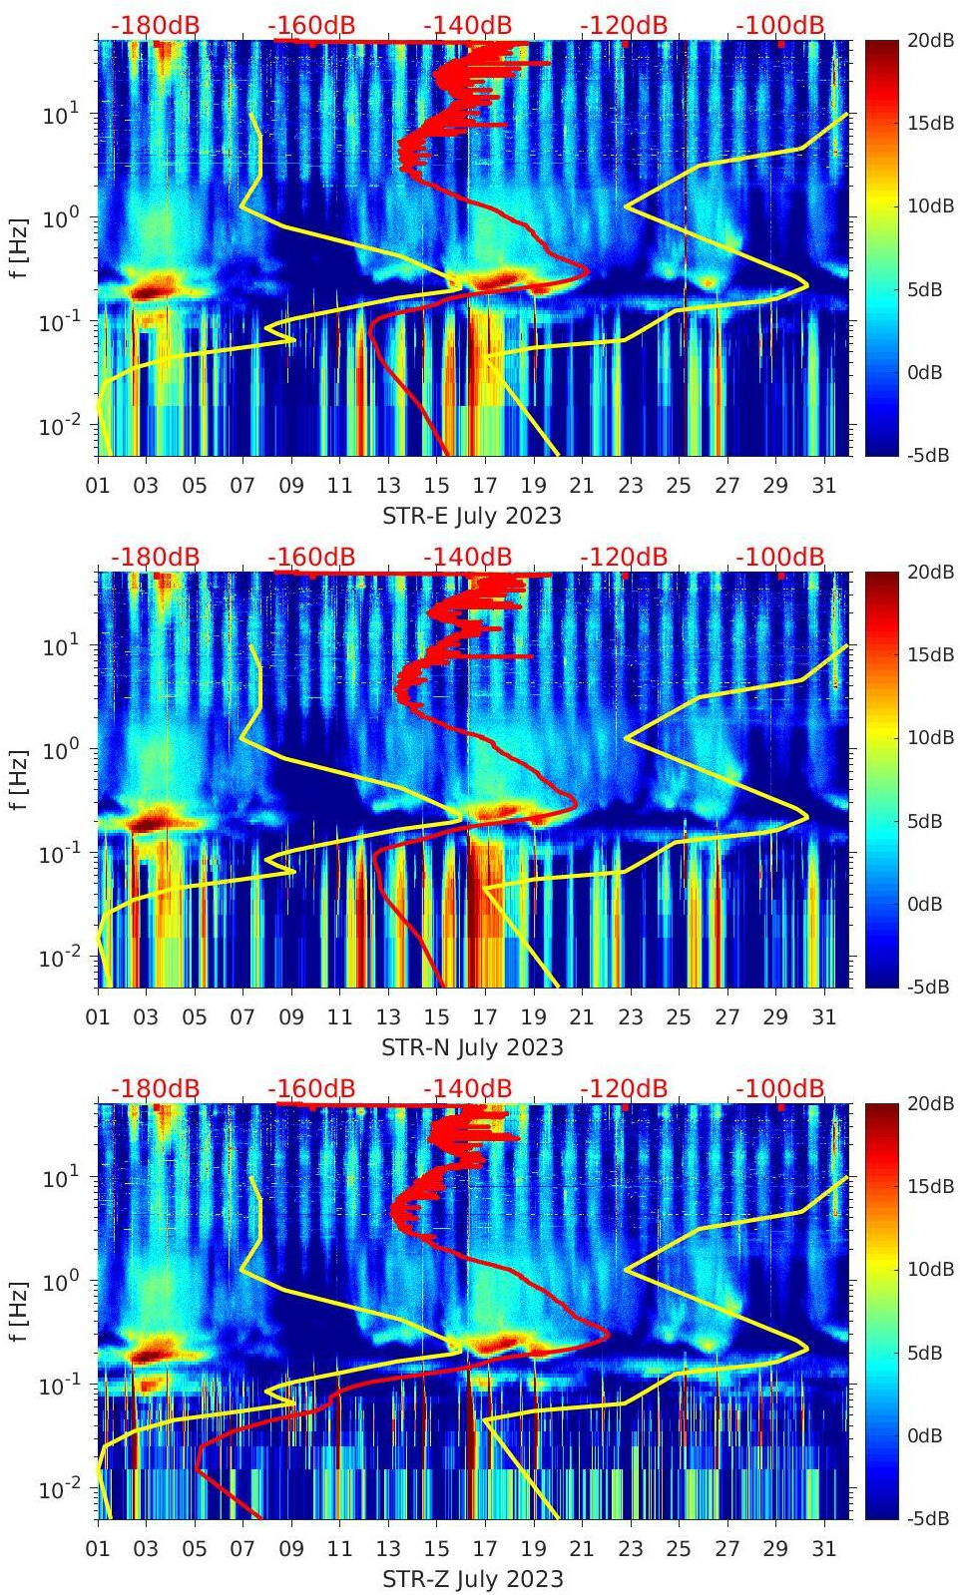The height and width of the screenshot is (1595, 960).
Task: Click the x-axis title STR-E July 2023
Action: (x=471, y=516)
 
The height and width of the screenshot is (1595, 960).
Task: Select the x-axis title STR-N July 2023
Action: (x=472, y=1047)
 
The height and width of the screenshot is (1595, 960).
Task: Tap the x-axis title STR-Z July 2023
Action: (x=472, y=1579)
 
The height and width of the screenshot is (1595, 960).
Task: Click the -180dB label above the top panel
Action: (x=155, y=25)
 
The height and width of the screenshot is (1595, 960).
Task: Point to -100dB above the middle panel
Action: (x=780, y=557)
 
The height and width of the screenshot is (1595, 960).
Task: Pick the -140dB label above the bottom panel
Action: (x=467, y=1088)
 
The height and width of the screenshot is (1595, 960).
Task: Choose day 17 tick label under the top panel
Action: (x=485, y=486)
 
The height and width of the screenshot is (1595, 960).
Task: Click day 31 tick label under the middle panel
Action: (x=823, y=1017)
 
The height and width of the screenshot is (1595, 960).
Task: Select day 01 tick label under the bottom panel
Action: (x=98, y=1549)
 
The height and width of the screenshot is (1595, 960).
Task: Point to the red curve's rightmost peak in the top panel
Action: (x=589, y=270)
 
